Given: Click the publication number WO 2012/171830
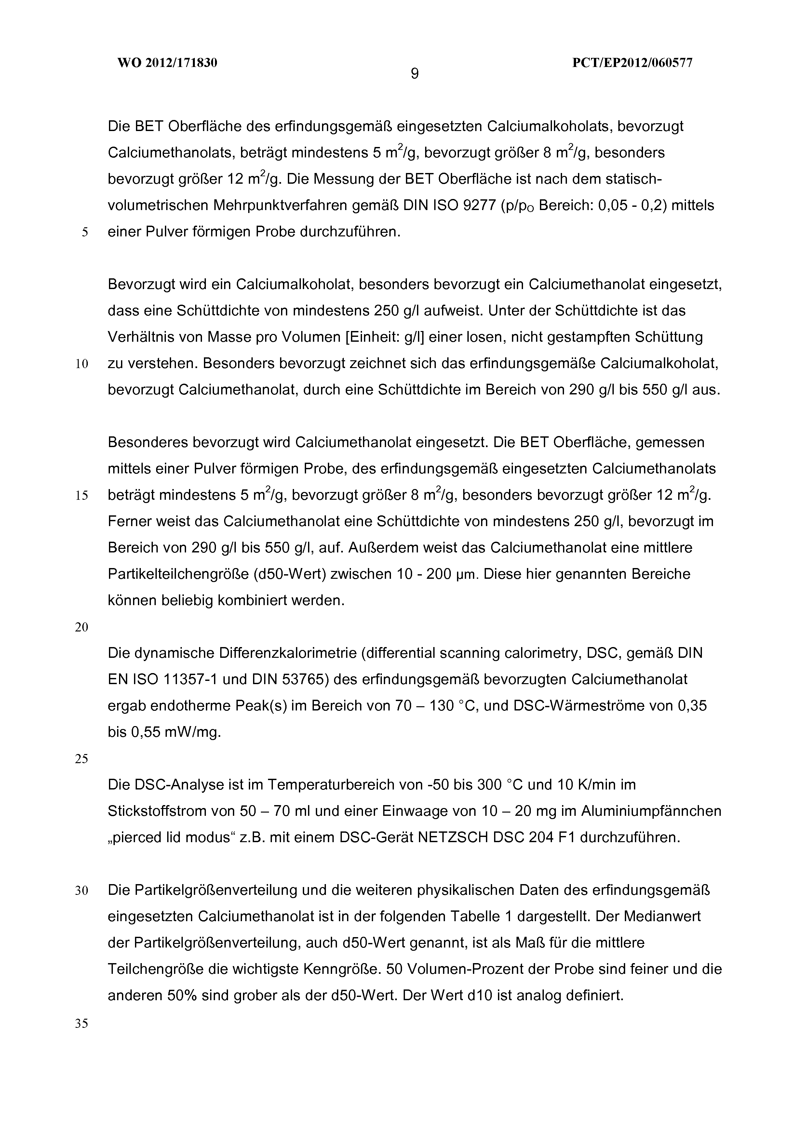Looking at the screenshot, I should (x=168, y=63).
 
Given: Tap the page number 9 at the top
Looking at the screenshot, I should (x=415, y=74).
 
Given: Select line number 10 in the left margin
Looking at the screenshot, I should (x=82, y=364).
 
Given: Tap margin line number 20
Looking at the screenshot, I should (x=82, y=628).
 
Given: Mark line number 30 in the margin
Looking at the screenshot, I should (x=82, y=891).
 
